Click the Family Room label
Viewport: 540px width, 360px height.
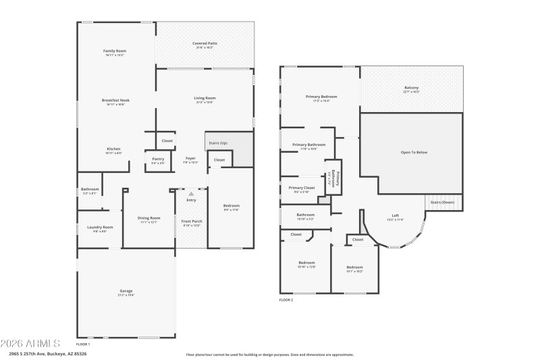tap(115, 51)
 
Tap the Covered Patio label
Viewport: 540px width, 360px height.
tap(205, 43)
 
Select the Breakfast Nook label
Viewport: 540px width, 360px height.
tap(115, 100)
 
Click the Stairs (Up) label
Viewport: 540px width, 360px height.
tap(219, 143)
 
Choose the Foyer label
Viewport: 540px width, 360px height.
tap(190, 159)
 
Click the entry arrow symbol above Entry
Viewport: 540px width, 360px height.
tap(191, 194)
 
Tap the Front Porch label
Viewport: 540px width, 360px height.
tap(191, 222)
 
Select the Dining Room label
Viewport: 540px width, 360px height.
tap(148, 218)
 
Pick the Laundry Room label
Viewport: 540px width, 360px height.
tap(100, 228)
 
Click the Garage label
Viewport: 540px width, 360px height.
tap(126, 291)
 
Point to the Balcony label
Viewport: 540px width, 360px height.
tap(411, 88)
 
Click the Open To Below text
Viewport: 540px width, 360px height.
tap(414, 153)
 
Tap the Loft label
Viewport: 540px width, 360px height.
tap(396, 215)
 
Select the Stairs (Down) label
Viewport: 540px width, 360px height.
tap(443, 202)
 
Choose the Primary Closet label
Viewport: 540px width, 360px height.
tap(302, 188)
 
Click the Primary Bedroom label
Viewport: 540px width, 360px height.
tap(321, 97)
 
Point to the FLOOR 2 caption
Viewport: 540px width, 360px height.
tap(286, 299)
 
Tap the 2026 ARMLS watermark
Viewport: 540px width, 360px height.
tap(30, 343)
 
